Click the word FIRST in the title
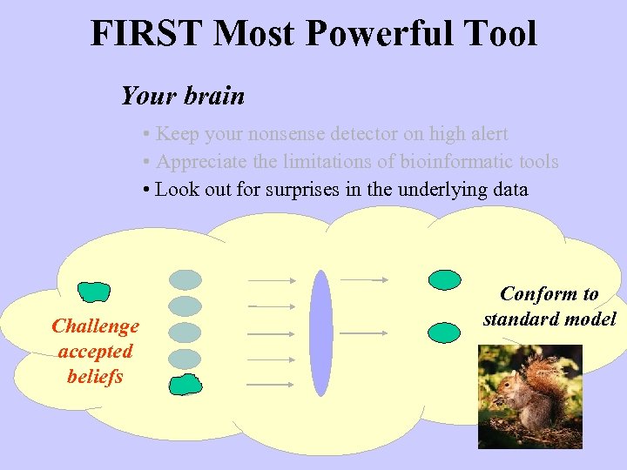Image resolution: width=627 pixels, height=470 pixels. [x=147, y=34]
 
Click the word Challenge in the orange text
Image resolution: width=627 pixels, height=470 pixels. [x=95, y=326]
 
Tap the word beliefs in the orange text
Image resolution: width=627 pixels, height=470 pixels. [x=95, y=377]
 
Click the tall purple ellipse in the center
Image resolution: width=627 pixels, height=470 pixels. [x=321, y=332]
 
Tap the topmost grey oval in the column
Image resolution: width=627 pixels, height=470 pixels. [x=184, y=279]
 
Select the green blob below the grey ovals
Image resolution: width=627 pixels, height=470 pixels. [x=184, y=384]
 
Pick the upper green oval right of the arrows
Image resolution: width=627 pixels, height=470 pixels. [x=445, y=279]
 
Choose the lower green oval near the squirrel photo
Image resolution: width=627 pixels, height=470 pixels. [x=445, y=332]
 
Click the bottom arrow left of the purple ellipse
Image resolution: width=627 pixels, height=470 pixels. [x=271, y=384]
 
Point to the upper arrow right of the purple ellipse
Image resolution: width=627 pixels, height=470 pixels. [x=363, y=279]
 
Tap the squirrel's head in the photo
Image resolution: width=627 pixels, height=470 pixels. [x=508, y=381]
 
